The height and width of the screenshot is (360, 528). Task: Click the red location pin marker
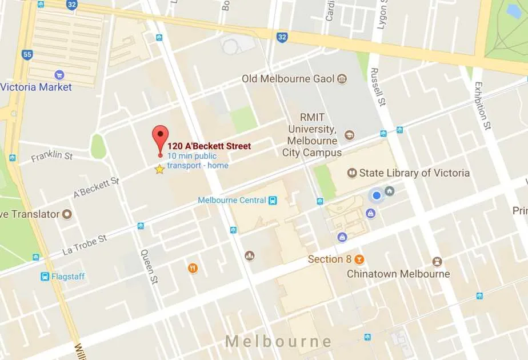point(161,137)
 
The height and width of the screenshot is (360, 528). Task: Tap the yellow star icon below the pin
point(159,169)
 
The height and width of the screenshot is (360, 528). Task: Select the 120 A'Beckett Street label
point(209,146)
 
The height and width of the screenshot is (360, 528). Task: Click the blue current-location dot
point(377,196)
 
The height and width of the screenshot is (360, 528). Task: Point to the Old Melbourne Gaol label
point(288,79)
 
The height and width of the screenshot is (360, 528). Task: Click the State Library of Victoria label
point(414,173)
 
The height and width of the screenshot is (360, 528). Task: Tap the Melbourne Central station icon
point(273,200)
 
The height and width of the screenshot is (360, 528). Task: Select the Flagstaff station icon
point(45,277)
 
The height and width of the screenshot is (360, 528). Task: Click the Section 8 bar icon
point(359,259)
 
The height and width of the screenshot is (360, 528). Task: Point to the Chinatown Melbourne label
point(398,274)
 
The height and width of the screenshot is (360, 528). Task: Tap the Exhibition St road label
point(483,105)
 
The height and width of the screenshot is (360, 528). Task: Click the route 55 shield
point(27,55)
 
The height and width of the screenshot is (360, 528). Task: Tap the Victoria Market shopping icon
point(59,75)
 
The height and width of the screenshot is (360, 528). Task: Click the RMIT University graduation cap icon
point(349,135)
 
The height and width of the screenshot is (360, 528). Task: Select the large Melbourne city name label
point(278,342)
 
